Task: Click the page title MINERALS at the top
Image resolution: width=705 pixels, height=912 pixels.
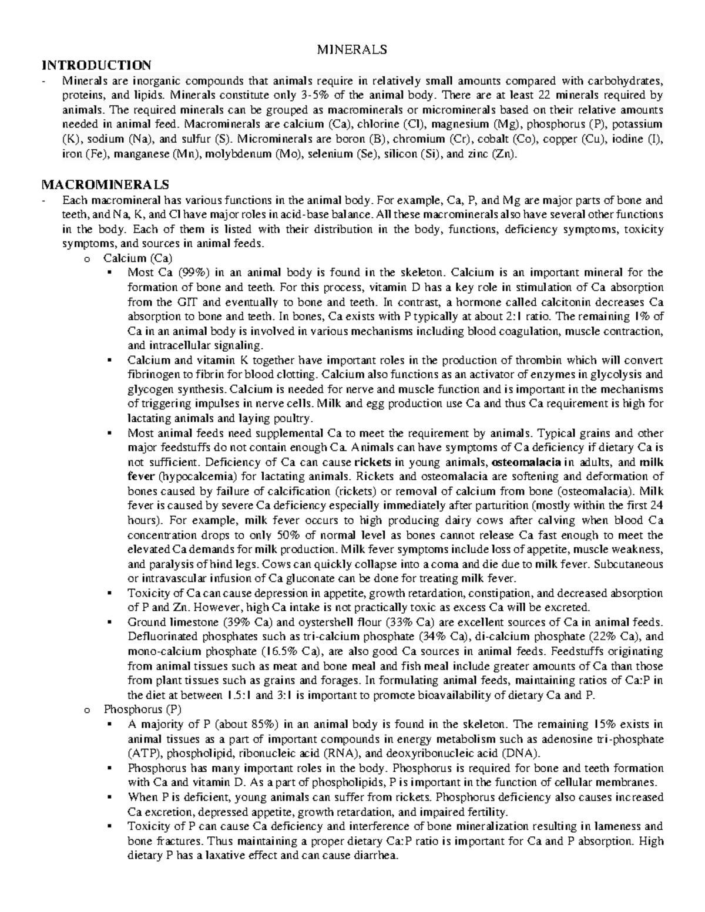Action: [x=352, y=49]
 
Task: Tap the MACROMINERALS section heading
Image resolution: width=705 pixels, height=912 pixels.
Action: [x=106, y=185]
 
